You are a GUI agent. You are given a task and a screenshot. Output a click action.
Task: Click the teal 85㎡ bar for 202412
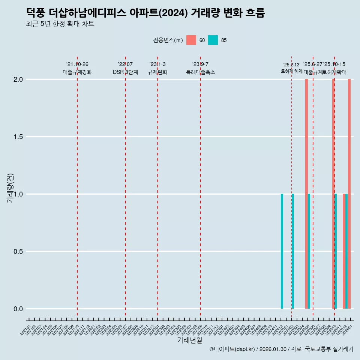pyautogui.click(x=282, y=251)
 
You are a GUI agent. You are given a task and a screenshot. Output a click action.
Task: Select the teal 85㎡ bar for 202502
pyautogui.click(x=293, y=251)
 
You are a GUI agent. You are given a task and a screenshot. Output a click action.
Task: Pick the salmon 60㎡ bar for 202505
pyautogui.click(x=306, y=194)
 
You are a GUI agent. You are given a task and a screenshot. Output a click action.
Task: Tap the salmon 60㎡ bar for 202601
pyautogui.click(x=349, y=194)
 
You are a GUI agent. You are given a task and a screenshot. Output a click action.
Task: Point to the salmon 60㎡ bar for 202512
pyautogui.click(x=344, y=251)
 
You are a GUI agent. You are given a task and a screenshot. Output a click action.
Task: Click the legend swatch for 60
pyautogui.click(x=191, y=40)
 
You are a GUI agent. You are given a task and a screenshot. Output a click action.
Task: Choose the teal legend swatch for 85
pyautogui.click(x=213, y=40)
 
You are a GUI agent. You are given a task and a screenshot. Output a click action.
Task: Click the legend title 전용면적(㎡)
pyautogui.click(x=168, y=40)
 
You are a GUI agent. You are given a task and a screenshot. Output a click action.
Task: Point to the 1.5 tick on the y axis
pyautogui.click(x=18, y=137)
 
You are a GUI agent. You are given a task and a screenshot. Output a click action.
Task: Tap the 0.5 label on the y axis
pyautogui.click(x=18, y=252)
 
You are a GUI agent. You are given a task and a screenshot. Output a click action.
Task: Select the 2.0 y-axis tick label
pyautogui.click(x=18, y=79)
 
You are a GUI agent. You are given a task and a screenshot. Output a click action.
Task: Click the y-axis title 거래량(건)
pyautogui.click(x=10, y=188)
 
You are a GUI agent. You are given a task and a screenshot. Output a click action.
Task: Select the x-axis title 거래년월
pyautogui.click(x=190, y=340)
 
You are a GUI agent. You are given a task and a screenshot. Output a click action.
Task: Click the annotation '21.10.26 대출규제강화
pyautogui.click(x=77, y=68)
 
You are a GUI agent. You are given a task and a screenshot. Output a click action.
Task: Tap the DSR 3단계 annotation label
pyautogui.click(x=125, y=72)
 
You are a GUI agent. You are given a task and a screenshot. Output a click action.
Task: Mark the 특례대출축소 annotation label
pyautogui.click(x=201, y=72)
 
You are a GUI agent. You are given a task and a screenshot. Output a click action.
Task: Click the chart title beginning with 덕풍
pyautogui.click(x=145, y=13)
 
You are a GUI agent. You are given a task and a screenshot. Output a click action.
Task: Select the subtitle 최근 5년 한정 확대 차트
pyautogui.click(x=60, y=24)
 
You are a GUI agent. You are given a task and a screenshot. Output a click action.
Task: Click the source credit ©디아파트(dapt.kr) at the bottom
pyautogui.click(x=281, y=349)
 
